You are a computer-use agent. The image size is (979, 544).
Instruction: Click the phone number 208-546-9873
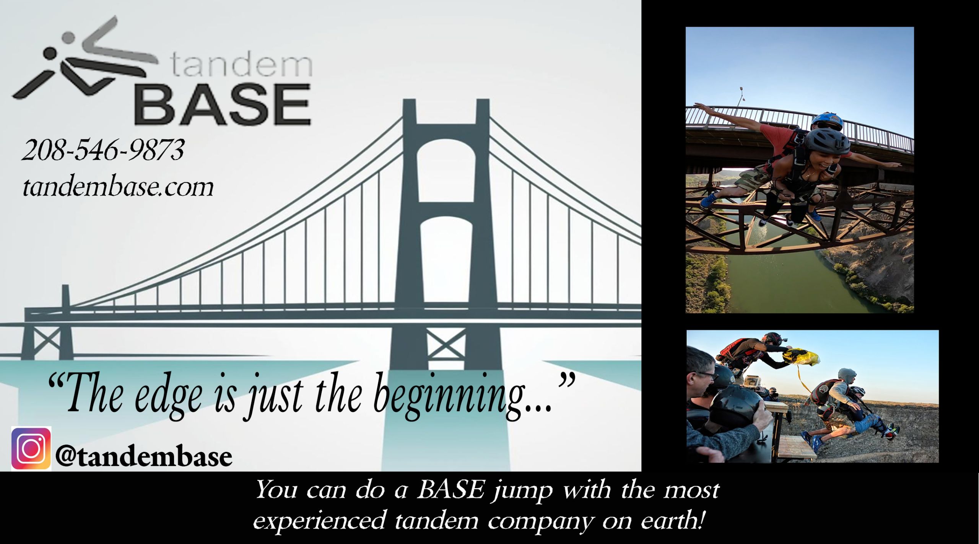103,150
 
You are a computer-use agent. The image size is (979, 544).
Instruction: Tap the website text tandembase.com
118,187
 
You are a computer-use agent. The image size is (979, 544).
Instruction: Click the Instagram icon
31,448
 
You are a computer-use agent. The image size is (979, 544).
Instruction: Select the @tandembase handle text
144,457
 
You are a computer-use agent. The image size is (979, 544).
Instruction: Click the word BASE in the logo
223,105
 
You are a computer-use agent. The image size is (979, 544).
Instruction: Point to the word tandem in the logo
241,65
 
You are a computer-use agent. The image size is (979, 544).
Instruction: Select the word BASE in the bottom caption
450,490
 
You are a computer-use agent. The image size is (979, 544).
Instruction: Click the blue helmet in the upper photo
827,121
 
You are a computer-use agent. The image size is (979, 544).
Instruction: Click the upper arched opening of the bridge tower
446,170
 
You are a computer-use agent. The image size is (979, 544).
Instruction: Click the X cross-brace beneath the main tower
446,343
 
